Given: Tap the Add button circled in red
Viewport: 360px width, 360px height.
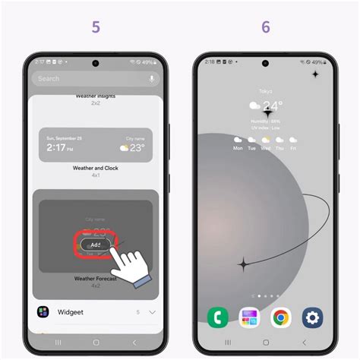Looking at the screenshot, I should pos(95,245).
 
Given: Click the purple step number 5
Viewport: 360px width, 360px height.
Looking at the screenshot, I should pos(96,27).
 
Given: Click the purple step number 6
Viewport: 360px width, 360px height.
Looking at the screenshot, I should pos(266,27).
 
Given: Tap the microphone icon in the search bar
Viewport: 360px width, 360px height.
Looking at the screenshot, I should pos(152,78).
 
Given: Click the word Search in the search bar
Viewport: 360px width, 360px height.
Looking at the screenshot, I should pos(49,78).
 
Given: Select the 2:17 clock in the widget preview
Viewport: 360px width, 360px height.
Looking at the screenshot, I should pos(60,149).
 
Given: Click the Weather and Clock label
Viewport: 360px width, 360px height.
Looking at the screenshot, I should pos(95,169).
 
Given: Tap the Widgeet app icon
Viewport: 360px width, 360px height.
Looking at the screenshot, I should pos(43,311).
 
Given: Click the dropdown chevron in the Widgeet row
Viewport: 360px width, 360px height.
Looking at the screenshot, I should pos(152,311).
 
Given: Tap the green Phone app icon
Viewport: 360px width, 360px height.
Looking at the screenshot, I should pos(218,317).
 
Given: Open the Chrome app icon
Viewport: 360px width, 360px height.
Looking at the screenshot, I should pos(281,317).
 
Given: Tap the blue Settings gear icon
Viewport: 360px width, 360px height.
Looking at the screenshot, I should pos(313,317).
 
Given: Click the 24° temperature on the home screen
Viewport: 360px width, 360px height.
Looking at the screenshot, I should pos(271,106).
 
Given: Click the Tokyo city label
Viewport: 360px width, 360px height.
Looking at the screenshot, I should pos(265,91).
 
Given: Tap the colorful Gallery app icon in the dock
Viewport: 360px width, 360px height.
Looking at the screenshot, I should pos(250,317).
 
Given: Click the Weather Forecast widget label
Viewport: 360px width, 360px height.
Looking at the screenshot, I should pos(95,279).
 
